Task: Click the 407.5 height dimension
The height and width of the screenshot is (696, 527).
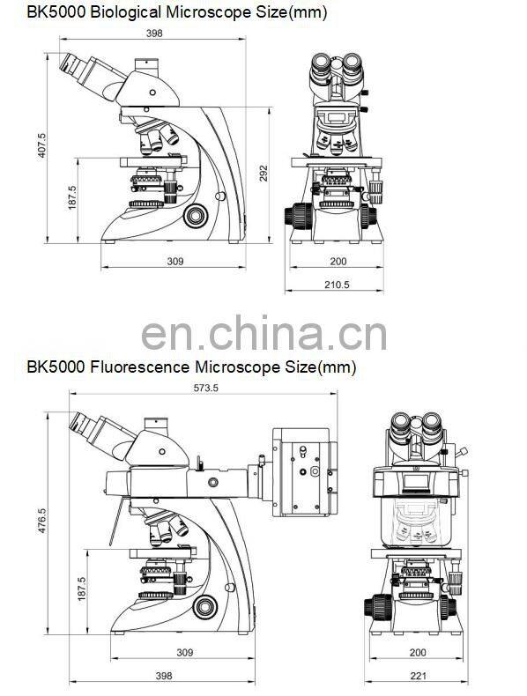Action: tap(41, 145)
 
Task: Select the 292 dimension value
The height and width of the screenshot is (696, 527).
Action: tap(263, 174)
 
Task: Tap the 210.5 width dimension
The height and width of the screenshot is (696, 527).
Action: tap(337, 285)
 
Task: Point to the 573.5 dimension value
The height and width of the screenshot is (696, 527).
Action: tap(205, 388)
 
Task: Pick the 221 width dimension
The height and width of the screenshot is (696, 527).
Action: tap(418, 676)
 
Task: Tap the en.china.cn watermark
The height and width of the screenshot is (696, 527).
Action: tap(264, 332)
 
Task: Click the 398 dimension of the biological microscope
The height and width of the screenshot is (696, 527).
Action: tap(154, 33)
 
